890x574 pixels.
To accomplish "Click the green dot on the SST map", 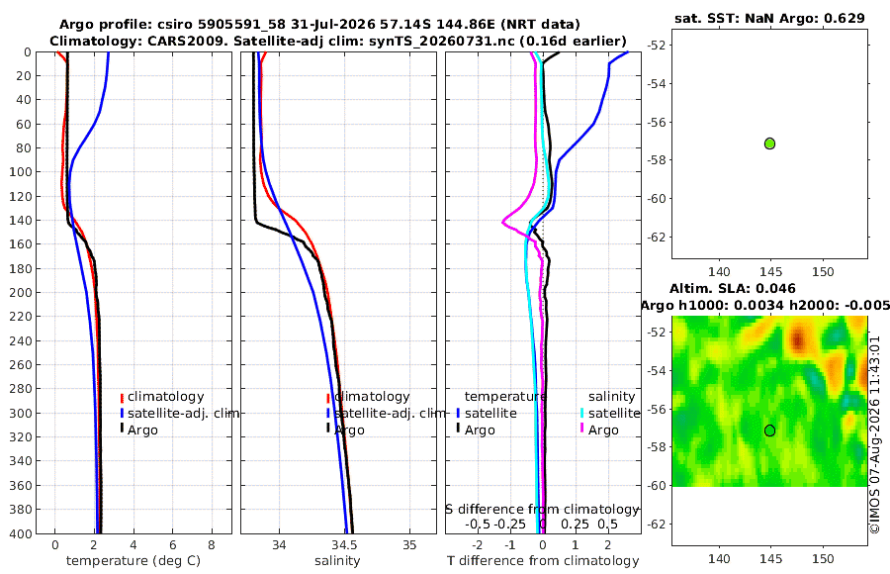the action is [769, 143].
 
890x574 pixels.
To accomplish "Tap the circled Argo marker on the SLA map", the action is [769, 430].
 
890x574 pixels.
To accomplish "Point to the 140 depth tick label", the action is [21, 221].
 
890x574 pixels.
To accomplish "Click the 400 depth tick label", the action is [21, 533].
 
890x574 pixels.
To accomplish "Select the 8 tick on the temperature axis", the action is [212, 545].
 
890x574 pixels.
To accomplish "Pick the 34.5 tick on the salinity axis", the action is [344, 545].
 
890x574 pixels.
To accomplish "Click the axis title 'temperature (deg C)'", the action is [133, 561].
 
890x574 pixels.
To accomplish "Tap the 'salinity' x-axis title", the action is [337, 561].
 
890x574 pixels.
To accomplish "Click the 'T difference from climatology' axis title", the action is [543, 561].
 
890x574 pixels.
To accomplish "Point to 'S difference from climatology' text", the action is [542, 510].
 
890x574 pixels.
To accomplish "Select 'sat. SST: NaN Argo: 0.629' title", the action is [769, 18].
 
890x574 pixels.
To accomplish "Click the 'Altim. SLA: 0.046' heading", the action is [732, 288].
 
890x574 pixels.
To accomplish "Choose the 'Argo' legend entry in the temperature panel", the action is [142, 430].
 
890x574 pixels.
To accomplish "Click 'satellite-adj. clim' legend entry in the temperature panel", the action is [179, 413].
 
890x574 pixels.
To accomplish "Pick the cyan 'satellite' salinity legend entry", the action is [610, 413].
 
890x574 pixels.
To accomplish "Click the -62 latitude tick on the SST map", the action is [657, 237].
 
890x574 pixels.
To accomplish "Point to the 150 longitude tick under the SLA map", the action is [823, 558].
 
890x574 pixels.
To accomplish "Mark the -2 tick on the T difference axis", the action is [478, 545].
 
